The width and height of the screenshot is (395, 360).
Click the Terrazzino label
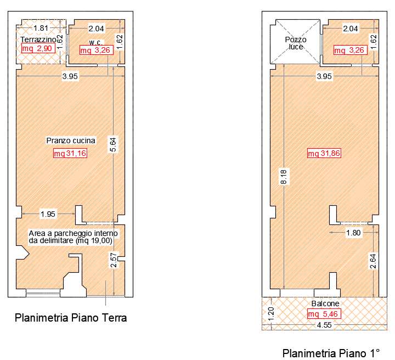point(38,40)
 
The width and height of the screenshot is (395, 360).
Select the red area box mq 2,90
point(38,48)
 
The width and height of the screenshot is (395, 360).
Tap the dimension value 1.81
point(41,28)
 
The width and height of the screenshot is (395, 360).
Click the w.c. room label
point(95,42)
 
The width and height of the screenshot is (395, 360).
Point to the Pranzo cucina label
point(71,140)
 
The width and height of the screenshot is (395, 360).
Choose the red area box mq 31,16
point(70,153)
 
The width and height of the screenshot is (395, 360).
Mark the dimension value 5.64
point(113,144)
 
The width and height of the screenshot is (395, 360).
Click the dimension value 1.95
point(48,214)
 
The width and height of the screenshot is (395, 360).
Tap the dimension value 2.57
point(114,260)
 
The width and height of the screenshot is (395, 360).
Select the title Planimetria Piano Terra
point(71,317)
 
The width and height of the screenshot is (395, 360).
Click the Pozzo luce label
point(296,43)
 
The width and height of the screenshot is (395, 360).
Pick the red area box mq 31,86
point(324,153)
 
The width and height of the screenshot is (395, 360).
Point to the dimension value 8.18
point(284,177)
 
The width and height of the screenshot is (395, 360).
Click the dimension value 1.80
point(353,233)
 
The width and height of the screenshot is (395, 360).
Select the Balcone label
point(325,303)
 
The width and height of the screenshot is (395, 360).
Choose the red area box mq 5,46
point(324,314)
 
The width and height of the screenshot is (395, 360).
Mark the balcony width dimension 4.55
point(324,325)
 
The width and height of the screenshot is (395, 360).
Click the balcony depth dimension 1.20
point(271,314)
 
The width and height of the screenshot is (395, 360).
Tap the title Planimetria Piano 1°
point(331,353)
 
